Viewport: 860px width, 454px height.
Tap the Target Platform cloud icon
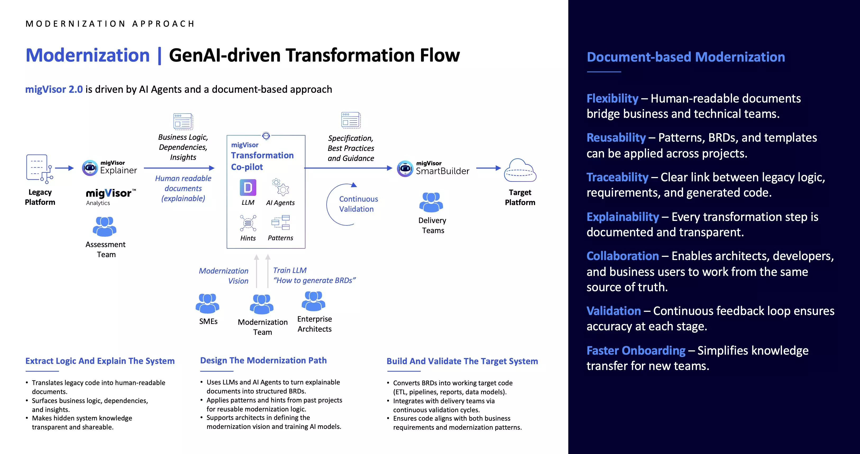520,170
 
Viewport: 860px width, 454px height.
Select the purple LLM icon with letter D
248,187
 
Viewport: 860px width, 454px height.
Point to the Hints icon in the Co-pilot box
248,223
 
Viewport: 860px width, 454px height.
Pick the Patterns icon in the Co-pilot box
280,223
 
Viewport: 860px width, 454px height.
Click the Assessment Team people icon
104,226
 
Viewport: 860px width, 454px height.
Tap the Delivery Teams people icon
431,202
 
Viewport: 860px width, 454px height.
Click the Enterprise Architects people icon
313,301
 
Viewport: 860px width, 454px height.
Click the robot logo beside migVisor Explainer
90,168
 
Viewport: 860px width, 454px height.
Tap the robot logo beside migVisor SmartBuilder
405,168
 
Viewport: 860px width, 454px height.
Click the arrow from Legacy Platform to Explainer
64,168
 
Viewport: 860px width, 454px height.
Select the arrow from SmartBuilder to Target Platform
488,168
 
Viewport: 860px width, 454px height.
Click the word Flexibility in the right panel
612,98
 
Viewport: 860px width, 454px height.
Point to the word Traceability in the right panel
617,177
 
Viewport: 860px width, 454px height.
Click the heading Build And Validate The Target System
462,361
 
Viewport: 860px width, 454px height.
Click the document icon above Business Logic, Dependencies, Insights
183,121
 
